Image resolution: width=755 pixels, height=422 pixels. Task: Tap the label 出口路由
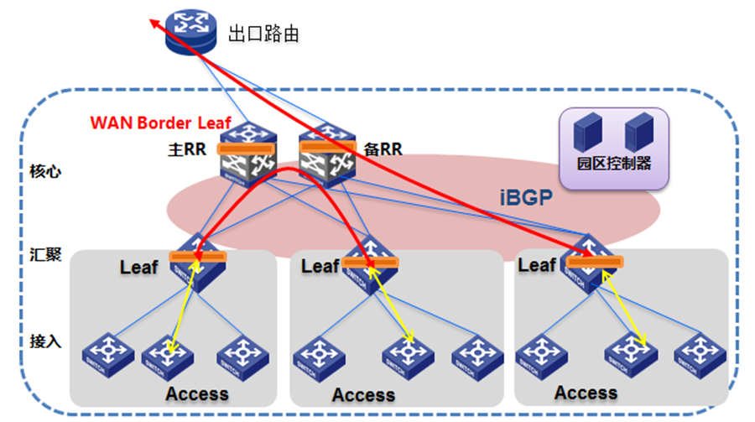pyautogui.click(x=263, y=34)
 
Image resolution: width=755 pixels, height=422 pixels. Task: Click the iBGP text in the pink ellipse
pyautogui.click(x=518, y=199)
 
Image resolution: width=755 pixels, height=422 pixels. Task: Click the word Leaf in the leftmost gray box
pyautogui.click(x=138, y=268)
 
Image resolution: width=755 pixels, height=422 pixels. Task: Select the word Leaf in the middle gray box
pyautogui.click(x=320, y=266)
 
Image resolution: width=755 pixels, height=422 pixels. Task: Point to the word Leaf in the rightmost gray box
pyautogui.click(x=537, y=265)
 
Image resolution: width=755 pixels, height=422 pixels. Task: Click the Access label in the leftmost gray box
pyautogui.click(x=196, y=393)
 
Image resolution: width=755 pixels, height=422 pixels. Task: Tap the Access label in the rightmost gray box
pyautogui.click(x=586, y=393)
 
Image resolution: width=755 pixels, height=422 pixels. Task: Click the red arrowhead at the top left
pyautogui.click(x=156, y=23)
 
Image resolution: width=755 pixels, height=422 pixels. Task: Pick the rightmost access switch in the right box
pyautogui.click(x=696, y=352)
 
